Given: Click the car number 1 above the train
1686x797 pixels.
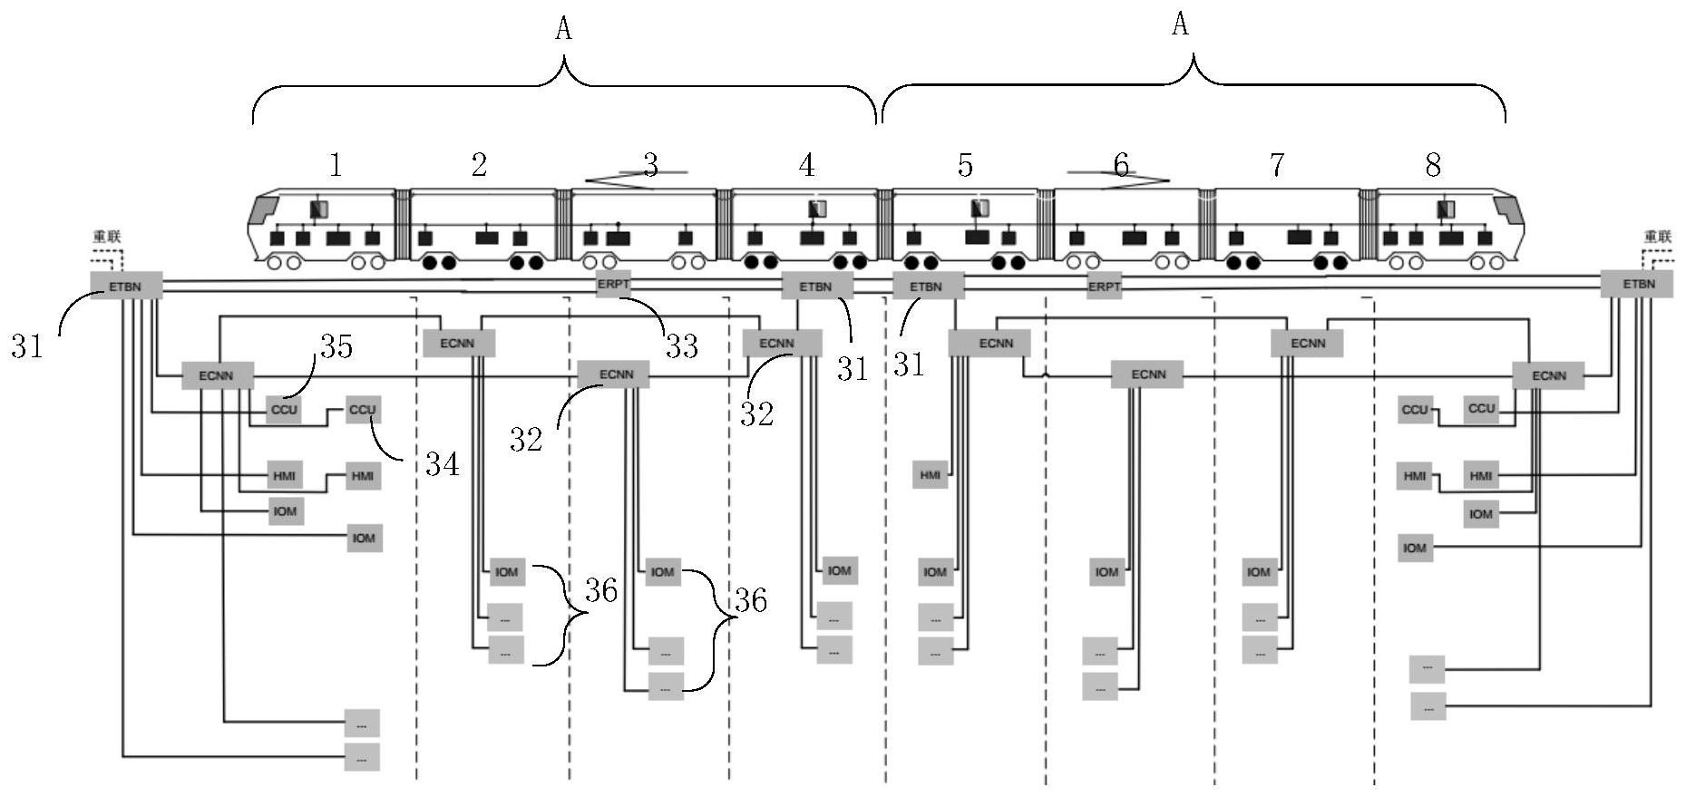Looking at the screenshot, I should click(336, 165).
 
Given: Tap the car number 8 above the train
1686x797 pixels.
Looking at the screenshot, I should click(1433, 165).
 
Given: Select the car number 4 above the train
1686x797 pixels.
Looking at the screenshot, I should click(806, 165).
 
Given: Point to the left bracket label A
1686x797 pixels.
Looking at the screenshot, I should click(563, 29).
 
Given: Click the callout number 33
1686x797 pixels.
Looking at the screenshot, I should click(682, 345).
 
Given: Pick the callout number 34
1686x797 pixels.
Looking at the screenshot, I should click(443, 464).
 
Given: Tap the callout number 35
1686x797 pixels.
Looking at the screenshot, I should click(336, 346).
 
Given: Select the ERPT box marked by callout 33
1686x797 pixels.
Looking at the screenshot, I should click(613, 284).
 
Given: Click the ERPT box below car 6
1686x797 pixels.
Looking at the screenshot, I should click(1104, 287).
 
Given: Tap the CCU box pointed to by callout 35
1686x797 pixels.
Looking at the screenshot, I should click(284, 410).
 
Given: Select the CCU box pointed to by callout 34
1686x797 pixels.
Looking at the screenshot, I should click(362, 410).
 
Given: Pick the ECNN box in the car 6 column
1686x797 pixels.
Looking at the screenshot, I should click(1148, 374).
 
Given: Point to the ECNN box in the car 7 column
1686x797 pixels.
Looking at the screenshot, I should click(1307, 344).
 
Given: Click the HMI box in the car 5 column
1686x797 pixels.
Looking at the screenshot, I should click(931, 475).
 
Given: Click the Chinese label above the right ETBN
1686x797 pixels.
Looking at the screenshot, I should click(1658, 237).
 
